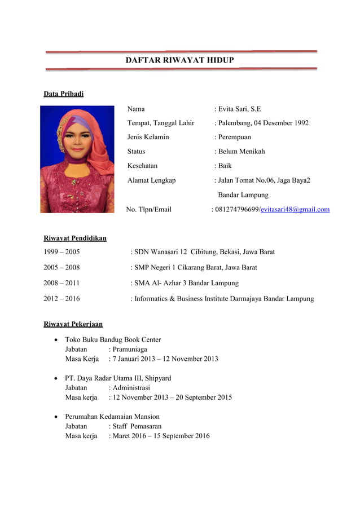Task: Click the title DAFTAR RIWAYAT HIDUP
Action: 179,60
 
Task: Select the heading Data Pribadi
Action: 64,94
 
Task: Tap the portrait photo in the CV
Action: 77,160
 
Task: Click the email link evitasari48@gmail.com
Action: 295,210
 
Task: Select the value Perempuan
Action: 234,137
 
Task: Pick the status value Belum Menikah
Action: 241,152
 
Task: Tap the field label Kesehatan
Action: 142,166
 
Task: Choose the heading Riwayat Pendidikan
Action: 75,238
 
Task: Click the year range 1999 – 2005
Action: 62,252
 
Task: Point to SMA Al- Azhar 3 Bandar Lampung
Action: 186,283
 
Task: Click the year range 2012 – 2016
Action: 62,299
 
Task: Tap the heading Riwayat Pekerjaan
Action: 73,324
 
